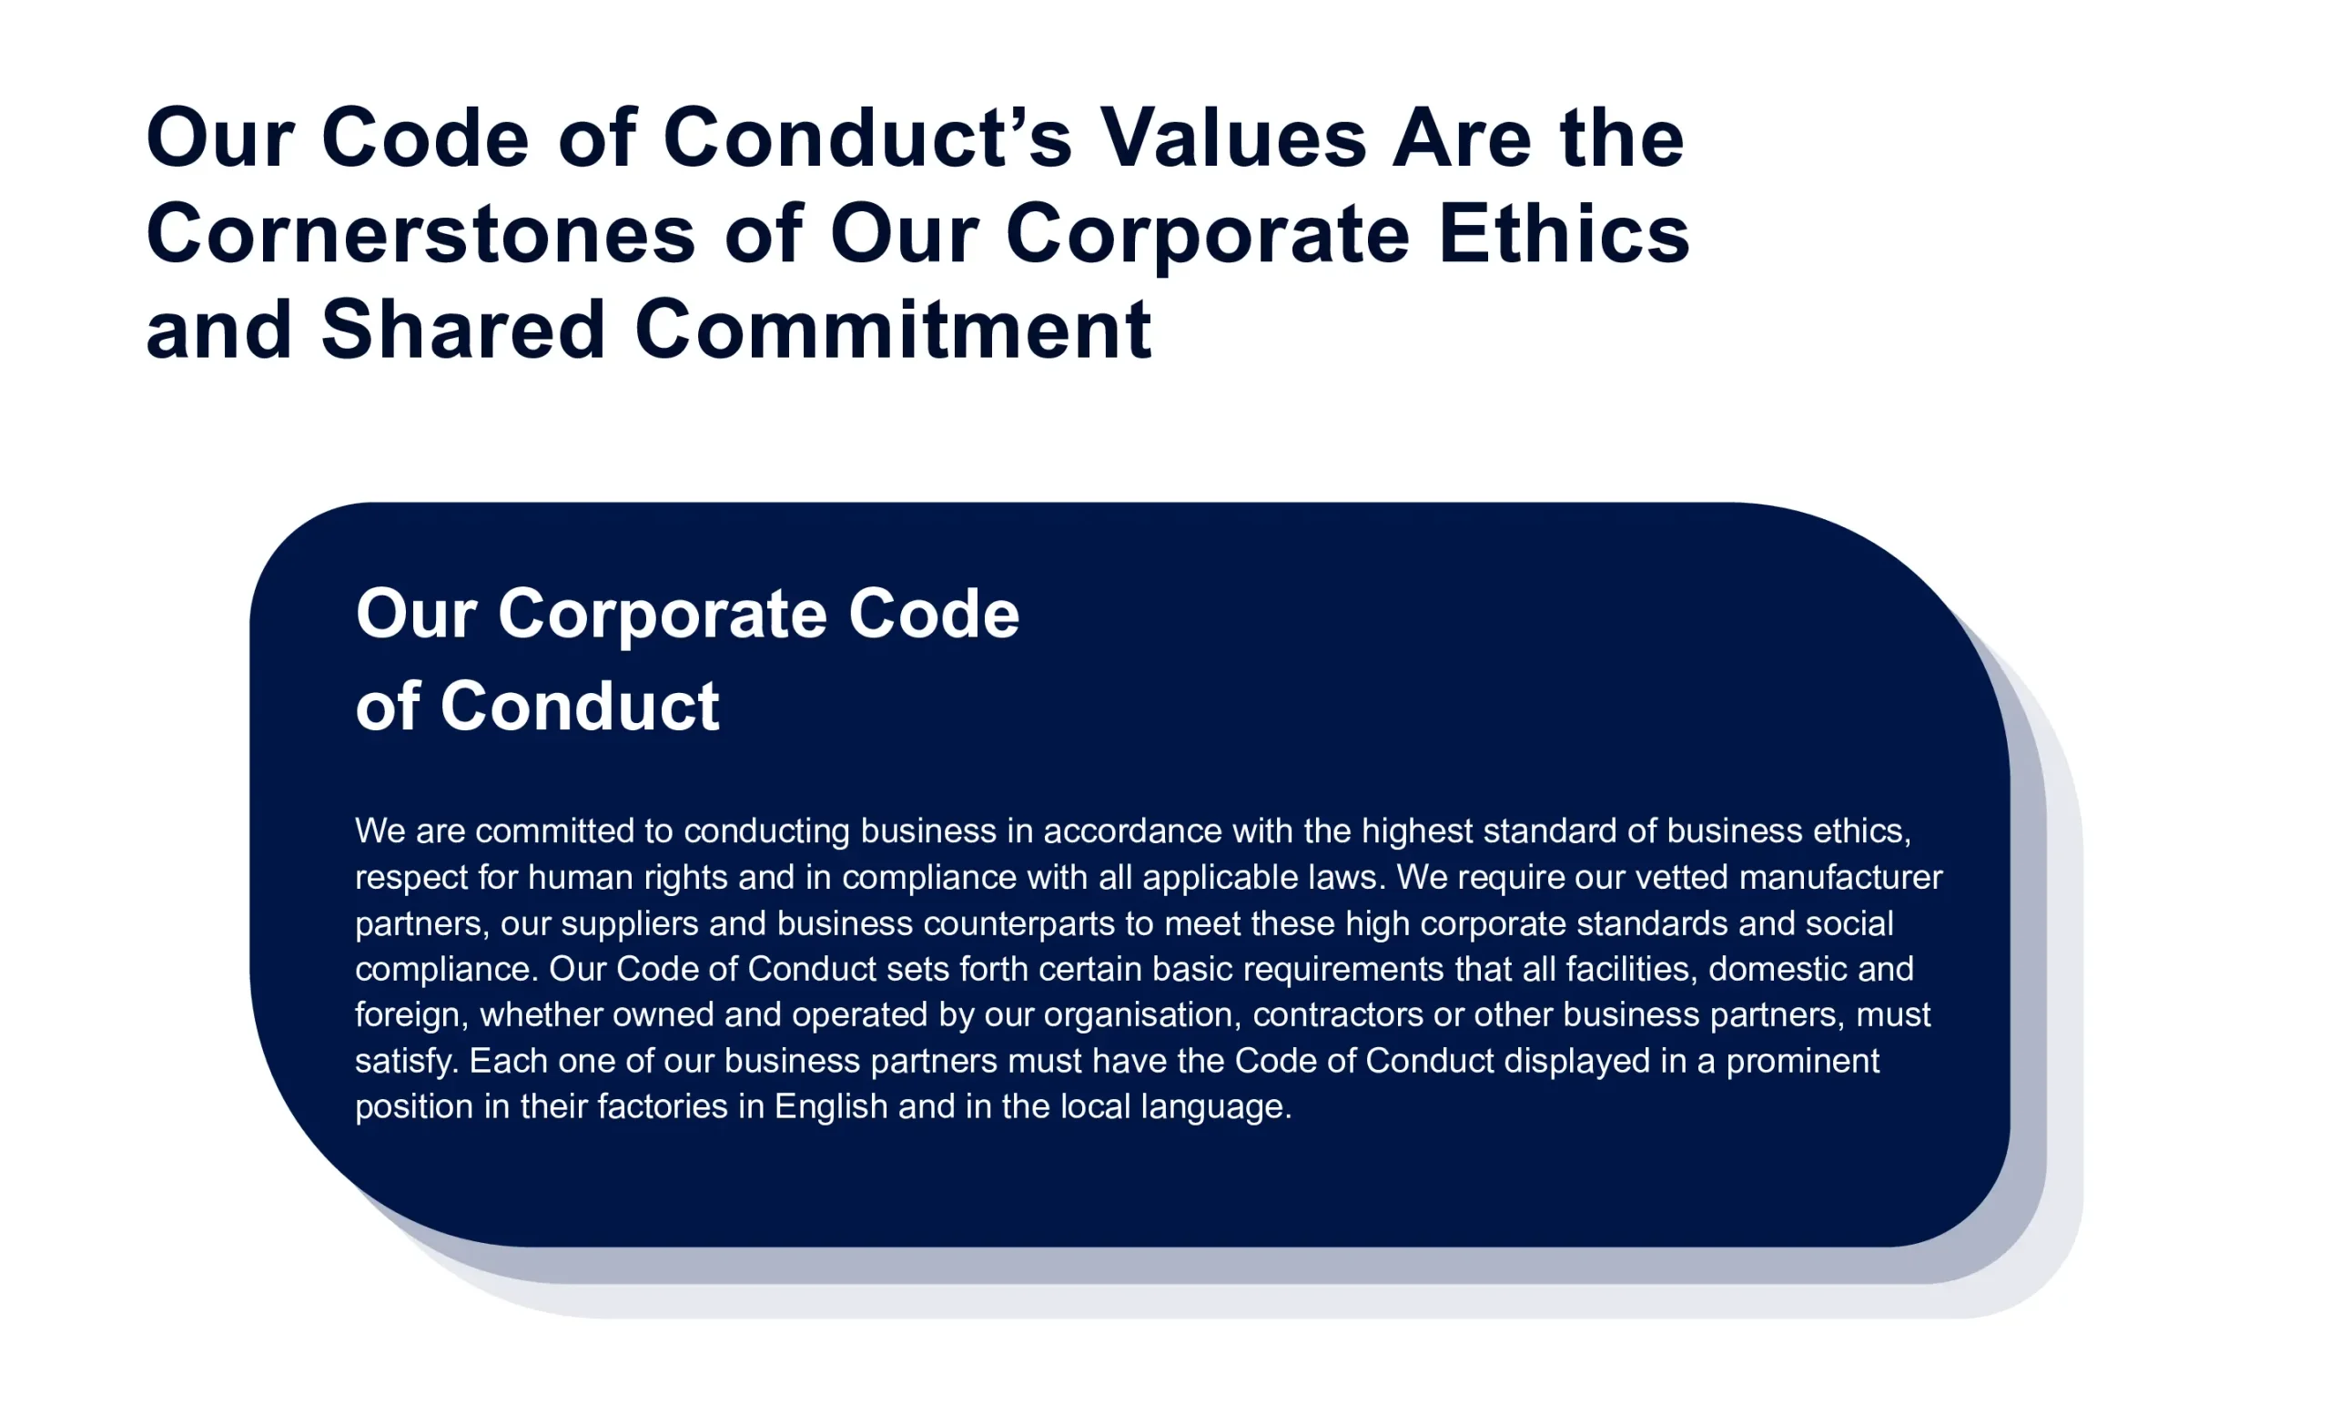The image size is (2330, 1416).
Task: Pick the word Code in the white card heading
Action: point(933,614)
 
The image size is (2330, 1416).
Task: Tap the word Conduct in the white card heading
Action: point(580,707)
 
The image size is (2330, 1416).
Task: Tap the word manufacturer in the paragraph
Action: point(1841,877)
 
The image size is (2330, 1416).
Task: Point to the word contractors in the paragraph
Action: point(1338,1015)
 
